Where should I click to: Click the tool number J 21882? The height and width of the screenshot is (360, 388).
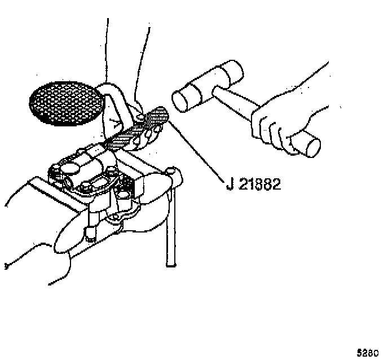(x=253, y=185)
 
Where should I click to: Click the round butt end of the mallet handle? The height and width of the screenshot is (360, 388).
(x=310, y=147)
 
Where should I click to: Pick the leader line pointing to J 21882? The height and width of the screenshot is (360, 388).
(x=197, y=149)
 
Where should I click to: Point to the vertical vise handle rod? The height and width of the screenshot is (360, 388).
(x=171, y=231)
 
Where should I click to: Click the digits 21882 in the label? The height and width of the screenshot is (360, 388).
(x=259, y=185)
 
